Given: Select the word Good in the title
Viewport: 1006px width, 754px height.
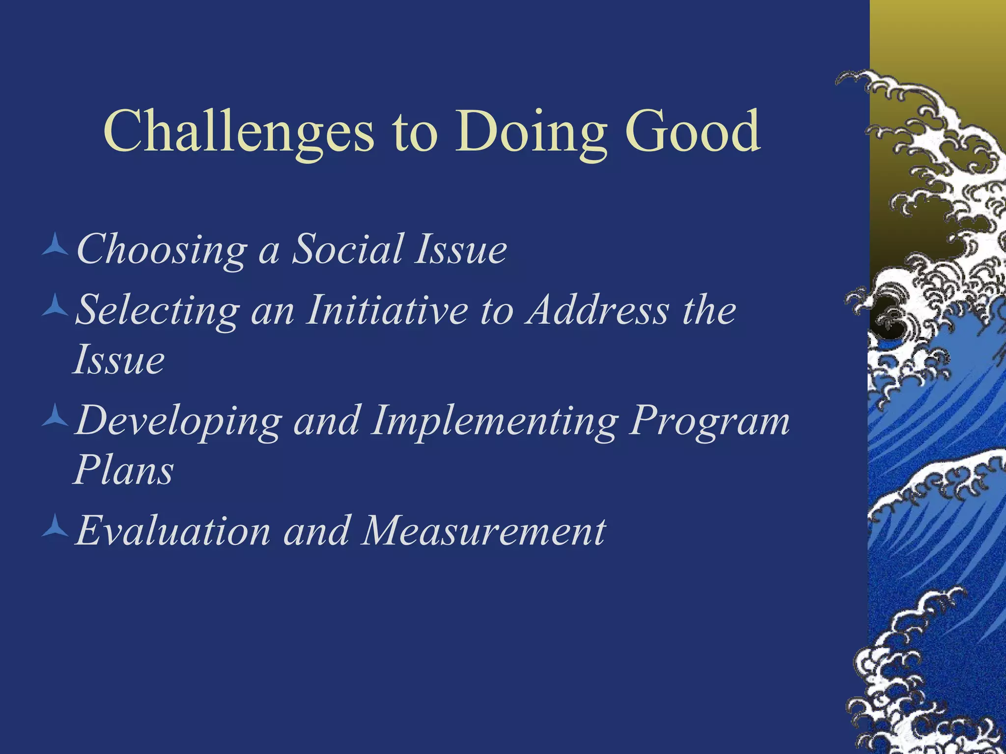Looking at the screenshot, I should tap(693, 132).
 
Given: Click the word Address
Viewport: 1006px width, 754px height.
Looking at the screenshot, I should tap(597, 310).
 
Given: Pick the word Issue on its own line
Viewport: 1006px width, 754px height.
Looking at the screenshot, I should tap(119, 360).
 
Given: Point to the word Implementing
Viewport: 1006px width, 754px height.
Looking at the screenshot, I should tap(494, 421).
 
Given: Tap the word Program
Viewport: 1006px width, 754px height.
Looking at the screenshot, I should tap(710, 421).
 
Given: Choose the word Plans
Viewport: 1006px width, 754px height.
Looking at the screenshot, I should tap(124, 470).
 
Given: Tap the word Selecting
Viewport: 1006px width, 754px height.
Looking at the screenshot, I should tap(157, 311).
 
